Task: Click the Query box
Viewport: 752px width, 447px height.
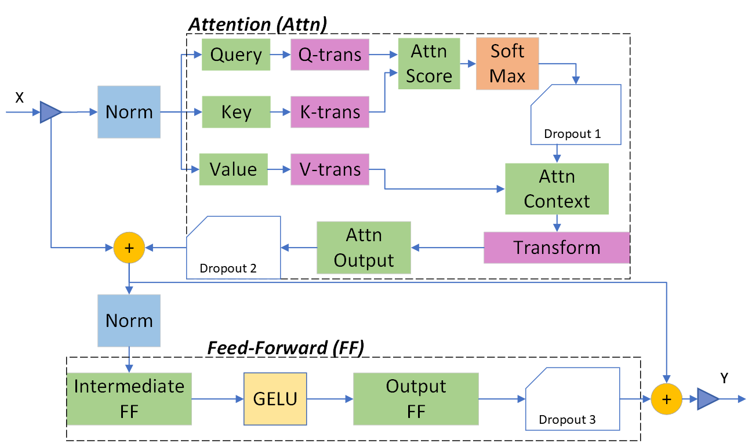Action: (236, 54)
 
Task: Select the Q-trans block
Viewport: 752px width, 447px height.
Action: (330, 54)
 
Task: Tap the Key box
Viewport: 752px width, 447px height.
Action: (236, 112)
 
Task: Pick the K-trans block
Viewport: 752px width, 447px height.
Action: (330, 112)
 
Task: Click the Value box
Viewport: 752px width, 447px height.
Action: (233, 169)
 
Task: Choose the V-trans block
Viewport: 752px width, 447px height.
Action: (330, 169)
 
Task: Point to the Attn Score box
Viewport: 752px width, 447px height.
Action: (429, 64)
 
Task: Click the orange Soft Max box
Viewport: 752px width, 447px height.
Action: (507, 64)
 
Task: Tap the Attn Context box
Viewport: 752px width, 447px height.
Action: (557, 189)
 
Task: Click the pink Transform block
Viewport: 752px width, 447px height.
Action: (557, 248)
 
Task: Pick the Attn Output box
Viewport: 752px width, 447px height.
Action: (364, 248)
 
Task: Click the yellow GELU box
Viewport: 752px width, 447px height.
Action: (275, 399)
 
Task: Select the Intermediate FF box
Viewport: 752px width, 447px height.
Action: (129, 399)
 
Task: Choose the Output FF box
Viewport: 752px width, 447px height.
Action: (416, 399)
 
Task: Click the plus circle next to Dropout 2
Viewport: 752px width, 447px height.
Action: (129, 248)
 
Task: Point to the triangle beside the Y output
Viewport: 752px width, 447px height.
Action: (707, 399)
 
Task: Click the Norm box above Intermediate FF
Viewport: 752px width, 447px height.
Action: (129, 321)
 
